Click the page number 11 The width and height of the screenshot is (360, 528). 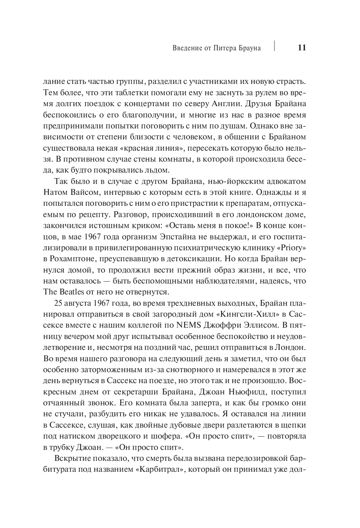(302, 48)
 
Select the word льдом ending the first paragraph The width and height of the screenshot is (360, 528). (159, 170)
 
